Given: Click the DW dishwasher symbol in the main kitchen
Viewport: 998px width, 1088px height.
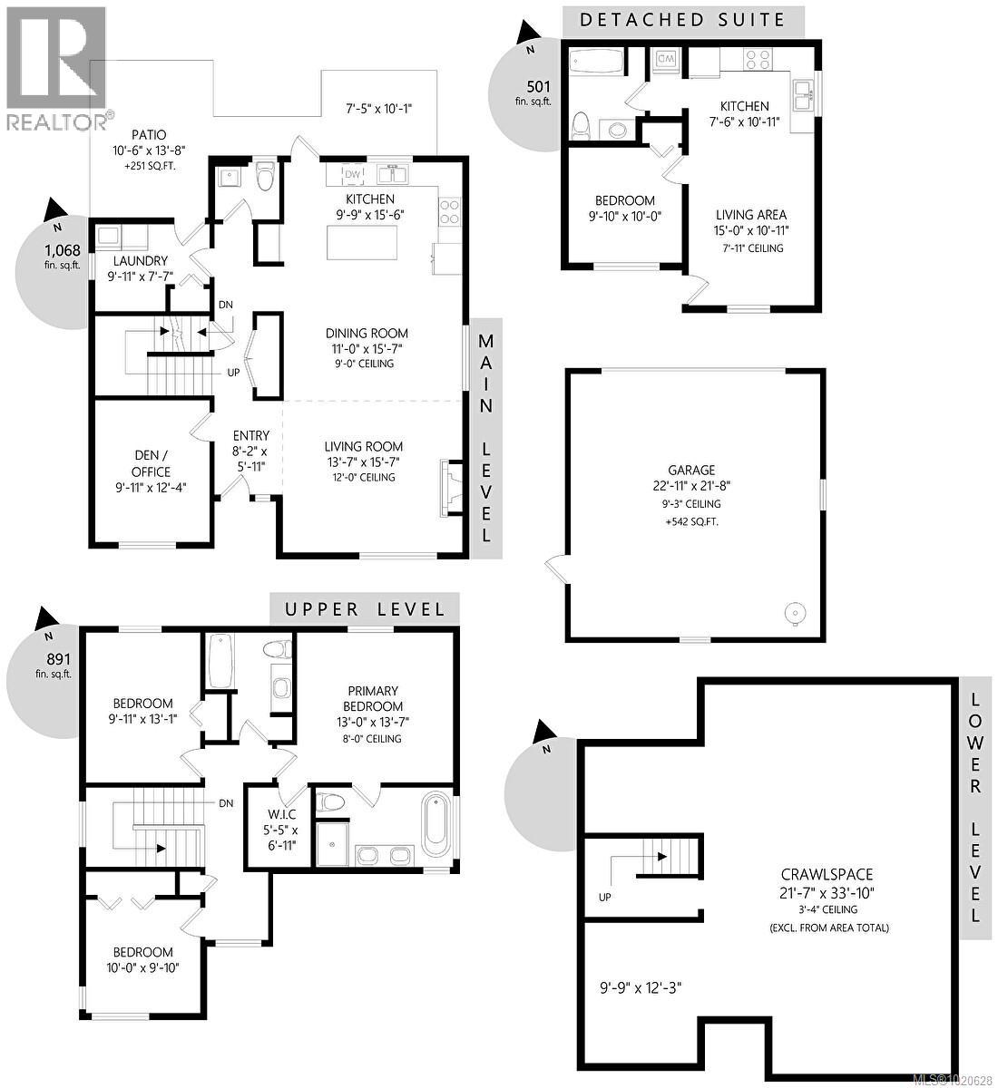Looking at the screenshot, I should [352, 174].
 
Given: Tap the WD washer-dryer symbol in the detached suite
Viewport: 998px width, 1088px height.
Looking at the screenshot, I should [664, 58].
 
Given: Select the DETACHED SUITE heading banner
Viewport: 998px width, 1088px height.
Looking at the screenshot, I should [682, 19].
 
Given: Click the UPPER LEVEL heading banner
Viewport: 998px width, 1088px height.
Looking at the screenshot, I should [365, 608].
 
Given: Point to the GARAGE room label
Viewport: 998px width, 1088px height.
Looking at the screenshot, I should [691, 470].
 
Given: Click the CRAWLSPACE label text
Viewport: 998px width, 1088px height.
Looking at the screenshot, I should [827, 875].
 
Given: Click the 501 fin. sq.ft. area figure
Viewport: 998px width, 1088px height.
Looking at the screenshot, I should [538, 93].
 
